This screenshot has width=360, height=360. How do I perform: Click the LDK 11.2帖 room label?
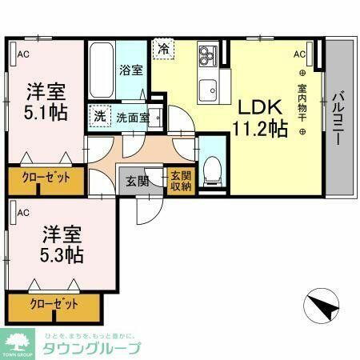(260, 118)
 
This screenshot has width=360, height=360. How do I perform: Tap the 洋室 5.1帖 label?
(45, 101)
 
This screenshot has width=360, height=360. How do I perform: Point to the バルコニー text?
(339, 115)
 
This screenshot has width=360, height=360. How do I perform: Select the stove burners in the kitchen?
(210, 55)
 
